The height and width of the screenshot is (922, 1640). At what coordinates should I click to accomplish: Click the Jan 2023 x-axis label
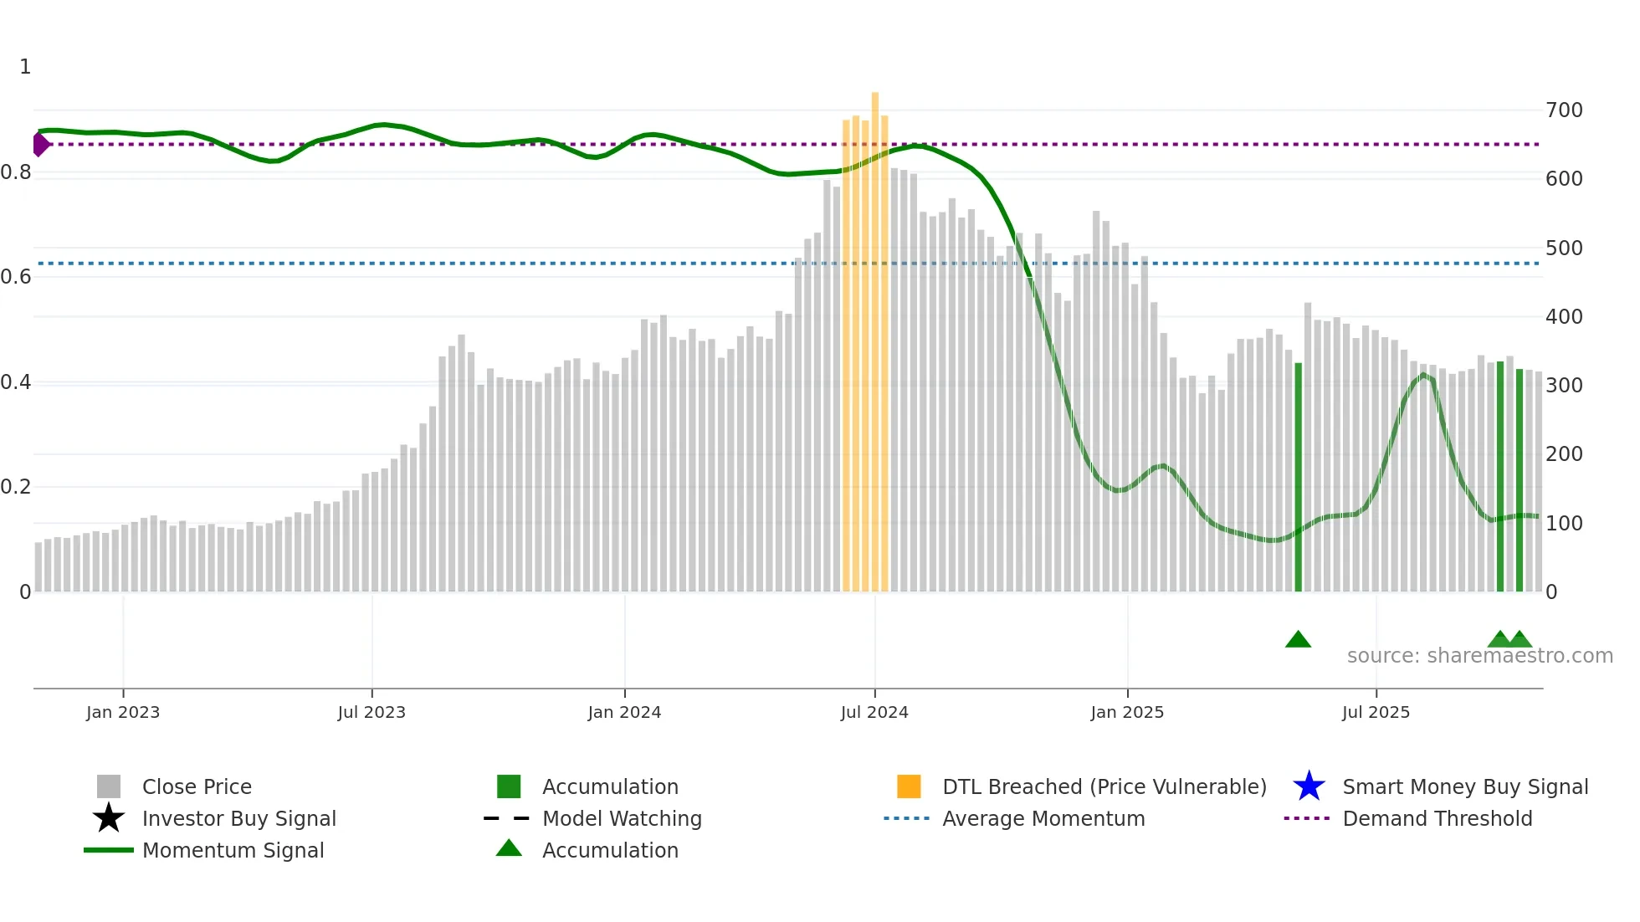point(123,712)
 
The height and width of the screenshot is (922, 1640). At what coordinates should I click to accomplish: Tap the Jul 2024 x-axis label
point(874,712)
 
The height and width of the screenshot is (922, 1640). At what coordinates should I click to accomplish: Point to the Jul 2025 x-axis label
point(1376,712)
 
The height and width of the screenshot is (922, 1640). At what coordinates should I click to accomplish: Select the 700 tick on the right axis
point(1564,110)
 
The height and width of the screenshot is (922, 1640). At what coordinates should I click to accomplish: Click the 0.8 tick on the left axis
point(16,172)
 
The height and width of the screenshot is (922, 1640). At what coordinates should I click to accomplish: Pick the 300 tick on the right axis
point(1564,386)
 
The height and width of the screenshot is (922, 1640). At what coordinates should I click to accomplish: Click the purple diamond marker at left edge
point(40,144)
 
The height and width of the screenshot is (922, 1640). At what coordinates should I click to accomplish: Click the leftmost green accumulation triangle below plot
point(1298,640)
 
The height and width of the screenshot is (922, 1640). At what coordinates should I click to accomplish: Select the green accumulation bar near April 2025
point(1299,477)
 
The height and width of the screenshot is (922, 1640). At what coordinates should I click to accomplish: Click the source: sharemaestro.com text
point(1479,656)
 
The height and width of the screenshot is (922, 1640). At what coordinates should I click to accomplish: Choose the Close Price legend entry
point(197,786)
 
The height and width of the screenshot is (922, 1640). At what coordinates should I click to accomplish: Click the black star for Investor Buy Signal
point(109,818)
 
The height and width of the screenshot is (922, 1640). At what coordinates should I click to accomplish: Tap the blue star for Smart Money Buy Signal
point(1309,786)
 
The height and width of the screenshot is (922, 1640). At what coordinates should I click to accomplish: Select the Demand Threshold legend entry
point(1437,818)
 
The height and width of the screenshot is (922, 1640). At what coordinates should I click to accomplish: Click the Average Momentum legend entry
point(1043,818)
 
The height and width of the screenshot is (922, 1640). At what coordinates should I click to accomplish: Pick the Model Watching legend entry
point(621,818)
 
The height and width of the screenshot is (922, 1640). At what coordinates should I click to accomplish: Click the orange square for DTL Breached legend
point(909,786)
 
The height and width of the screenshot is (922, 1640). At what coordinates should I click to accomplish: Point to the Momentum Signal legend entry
point(233,850)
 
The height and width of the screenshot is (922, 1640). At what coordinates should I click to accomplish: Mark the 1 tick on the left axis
point(25,67)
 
